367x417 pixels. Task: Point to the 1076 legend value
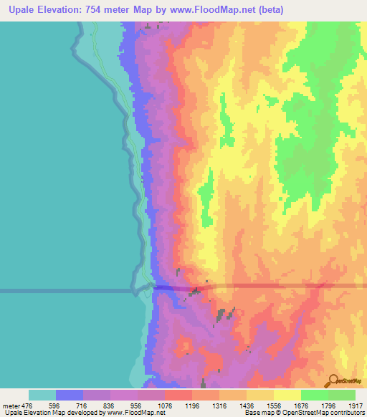[165, 405]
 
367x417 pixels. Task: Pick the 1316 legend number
[219, 405]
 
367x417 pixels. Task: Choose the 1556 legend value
[274, 405]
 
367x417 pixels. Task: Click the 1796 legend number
[328, 405]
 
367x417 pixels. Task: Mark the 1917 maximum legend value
[356, 405]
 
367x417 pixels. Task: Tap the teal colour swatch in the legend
[42, 395]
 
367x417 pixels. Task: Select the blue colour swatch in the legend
[70, 395]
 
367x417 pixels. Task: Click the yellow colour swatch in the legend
[287, 395]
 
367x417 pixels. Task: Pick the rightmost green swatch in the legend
[342, 395]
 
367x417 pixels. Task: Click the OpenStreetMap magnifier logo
[333, 380]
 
